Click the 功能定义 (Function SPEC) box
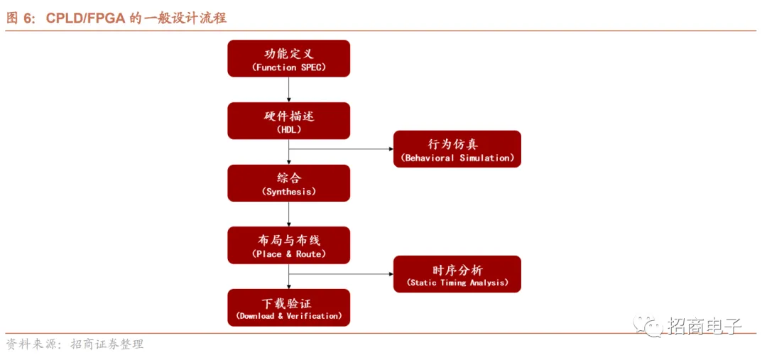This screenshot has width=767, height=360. coord(288,58)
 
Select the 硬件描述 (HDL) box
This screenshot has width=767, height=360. coord(288,121)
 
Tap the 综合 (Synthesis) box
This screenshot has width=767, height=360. coord(288,183)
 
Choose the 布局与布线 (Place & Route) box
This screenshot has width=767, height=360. coord(288,245)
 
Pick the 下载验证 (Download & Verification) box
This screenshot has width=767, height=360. coord(288,307)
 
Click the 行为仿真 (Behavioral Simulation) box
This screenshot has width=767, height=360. coord(457,149)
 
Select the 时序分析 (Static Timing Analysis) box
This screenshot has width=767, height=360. coord(457,274)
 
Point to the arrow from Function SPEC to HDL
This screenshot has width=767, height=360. coord(288,89)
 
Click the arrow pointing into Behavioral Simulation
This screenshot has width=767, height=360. coord(341,149)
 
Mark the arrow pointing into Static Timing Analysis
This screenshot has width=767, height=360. coord(341,274)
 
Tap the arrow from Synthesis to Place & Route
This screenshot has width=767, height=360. coord(288,214)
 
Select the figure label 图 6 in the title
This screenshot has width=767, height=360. coord(20,18)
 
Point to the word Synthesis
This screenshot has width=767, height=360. coord(289,192)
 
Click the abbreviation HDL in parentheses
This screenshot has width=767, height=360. coord(288,129)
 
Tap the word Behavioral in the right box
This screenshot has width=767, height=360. coord(429,158)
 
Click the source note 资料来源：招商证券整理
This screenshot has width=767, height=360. coord(75,344)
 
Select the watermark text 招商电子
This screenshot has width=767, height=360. coord(704,326)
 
